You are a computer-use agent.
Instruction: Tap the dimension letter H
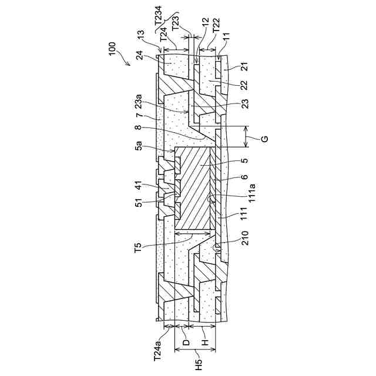204,341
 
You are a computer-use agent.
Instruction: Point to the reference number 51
139,203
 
